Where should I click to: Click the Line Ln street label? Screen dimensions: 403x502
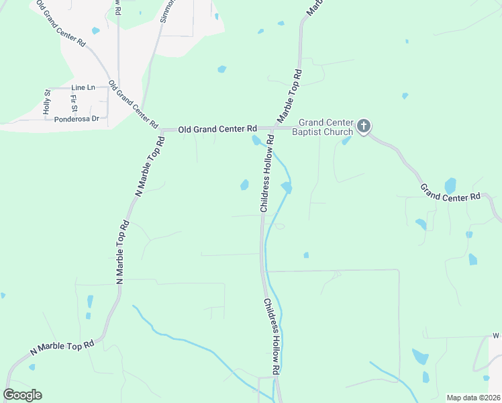pyautogui.click(x=84, y=88)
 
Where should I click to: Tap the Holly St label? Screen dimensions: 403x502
pyautogui.click(x=47, y=101)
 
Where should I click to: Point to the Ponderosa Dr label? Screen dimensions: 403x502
pyautogui.click(x=77, y=119)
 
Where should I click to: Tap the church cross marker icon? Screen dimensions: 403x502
pyautogui.click(x=363, y=126)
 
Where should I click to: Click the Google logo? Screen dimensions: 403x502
pyautogui.click(x=22, y=395)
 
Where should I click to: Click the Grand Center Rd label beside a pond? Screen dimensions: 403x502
pyautogui.click(x=451, y=193)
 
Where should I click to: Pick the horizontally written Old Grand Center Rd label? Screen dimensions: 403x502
pyautogui.click(x=218, y=128)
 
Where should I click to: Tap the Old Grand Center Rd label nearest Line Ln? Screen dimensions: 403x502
pyautogui.click(x=133, y=105)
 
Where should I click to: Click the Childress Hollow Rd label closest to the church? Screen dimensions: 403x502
pyautogui.click(x=266, y=175)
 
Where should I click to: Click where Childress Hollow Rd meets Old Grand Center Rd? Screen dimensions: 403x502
pyautogui.click(x=273, y=128)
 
